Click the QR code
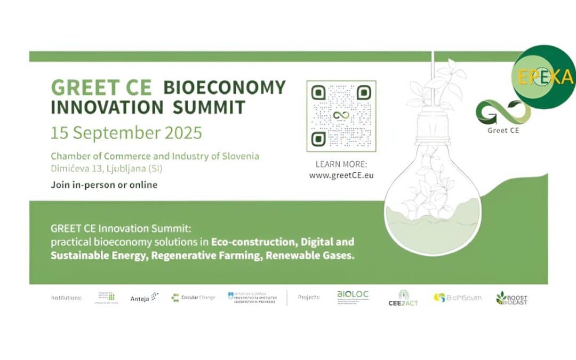(341, 116)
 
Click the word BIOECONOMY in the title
(225, 87)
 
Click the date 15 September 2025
(126, 132)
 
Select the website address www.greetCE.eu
(341, 174)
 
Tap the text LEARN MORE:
(341, 164)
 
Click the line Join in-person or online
(104, 185)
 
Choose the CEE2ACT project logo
(403, 298)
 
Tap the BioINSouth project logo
(457, 298)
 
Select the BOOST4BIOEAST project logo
(511, 298)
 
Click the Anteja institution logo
(145, 298)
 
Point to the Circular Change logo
(193, 298)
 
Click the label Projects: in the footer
(309, 298)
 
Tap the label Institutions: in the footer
(66, 298)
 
